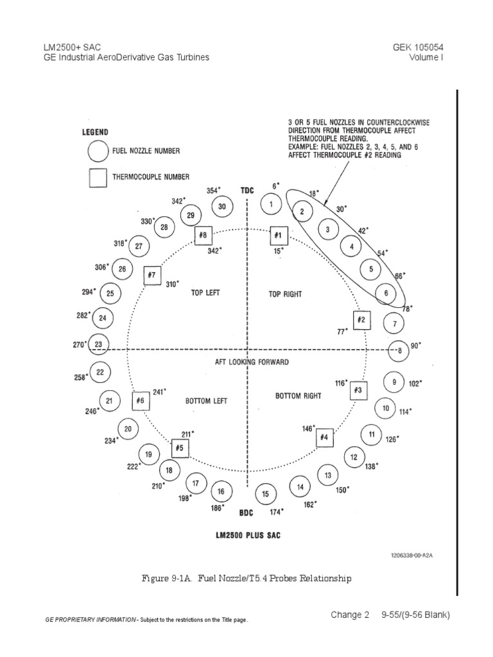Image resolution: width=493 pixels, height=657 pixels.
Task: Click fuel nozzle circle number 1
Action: tap(272, 205)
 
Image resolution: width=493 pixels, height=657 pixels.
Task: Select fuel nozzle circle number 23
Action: tap(98, 344)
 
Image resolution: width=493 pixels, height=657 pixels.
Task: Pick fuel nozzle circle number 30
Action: tap(222, 207)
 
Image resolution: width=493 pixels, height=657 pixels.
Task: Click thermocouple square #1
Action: tap(279, 235)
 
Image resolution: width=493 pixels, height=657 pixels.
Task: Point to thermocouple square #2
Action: tap(361, 320)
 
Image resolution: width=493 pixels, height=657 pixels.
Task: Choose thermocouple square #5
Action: tap(180, 448)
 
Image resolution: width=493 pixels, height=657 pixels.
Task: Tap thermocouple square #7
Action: tap(152, 275)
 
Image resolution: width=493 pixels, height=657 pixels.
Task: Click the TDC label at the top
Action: tap(247, 191)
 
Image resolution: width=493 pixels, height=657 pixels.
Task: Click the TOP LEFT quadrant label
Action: tap(205, 293)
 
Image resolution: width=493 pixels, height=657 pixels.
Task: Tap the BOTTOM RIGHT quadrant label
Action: tap(298, 396)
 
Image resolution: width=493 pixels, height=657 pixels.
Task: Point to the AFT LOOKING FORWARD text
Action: tap(252, 362)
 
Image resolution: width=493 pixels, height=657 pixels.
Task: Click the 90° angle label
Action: tap(415, 345)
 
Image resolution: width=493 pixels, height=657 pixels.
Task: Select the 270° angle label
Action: tap(79, 345)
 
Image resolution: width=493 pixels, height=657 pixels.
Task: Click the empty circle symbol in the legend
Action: tap(98, 151)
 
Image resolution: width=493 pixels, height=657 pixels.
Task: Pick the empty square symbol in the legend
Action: tap(98, 178)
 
